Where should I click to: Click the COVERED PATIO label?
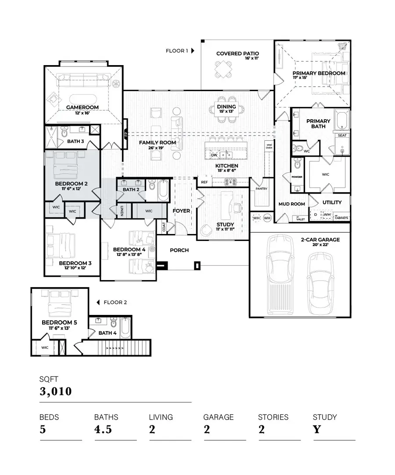coord(237,54)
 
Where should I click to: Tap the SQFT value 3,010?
coord(56,391)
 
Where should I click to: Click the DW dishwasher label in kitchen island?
coord(214,155)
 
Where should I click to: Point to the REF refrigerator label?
coord(204,182)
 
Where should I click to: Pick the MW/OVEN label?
coord(269,146)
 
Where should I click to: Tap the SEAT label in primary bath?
coord(342,135)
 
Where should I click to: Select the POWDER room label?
coord(297,177)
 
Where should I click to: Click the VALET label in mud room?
coord(301,219)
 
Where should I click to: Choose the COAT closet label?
coord(164,227)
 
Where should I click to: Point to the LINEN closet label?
coord(122,212)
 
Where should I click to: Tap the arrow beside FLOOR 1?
coord(193,51)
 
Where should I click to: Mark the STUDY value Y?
coord(317,429)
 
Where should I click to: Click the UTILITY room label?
coord(332,203)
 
